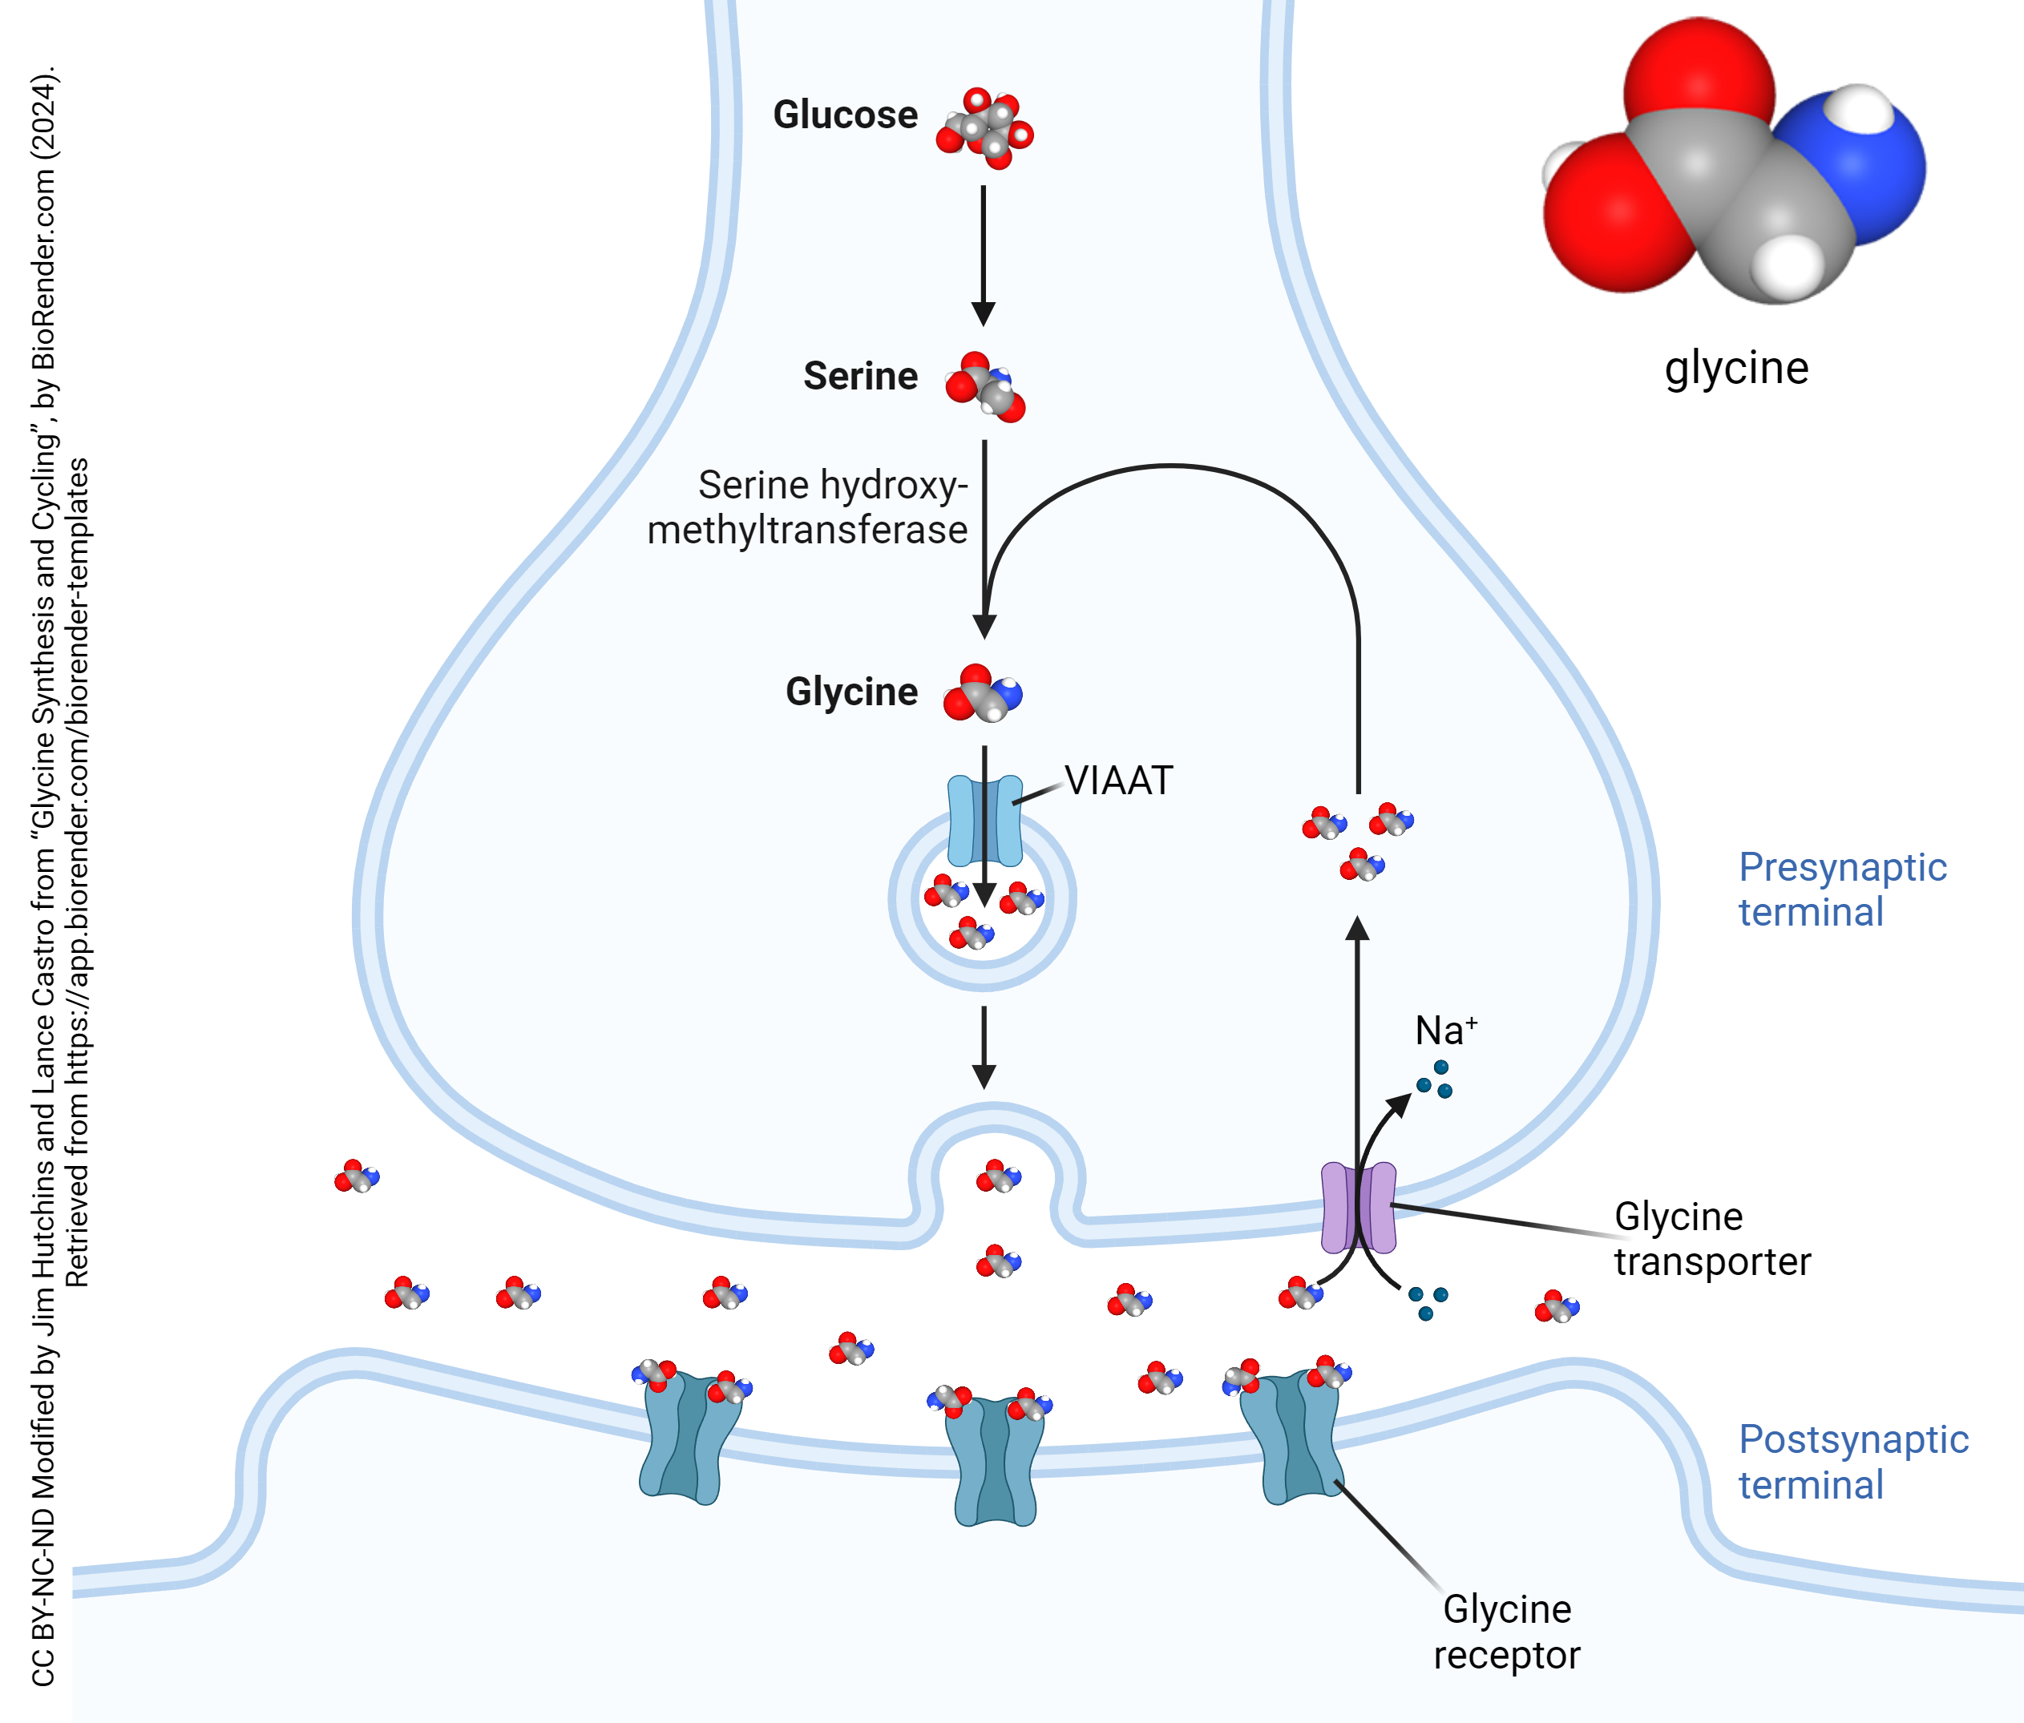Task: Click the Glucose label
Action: [845, 115]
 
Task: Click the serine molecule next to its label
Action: [984, 388]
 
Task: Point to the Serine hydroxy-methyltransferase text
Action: [807, 508]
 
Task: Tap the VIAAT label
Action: [1118, 781]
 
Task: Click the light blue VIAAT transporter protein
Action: [962, 821]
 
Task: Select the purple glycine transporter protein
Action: [1358, 1207]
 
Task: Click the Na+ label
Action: [1444, 1031]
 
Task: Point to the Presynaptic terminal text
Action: [1841, 889]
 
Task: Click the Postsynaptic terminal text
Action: [1852, 1463]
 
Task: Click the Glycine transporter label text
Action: [1711, 1238]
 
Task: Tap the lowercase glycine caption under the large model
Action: [1736, 368]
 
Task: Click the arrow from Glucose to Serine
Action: [984, 254]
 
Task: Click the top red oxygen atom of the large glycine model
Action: [1699, 73]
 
